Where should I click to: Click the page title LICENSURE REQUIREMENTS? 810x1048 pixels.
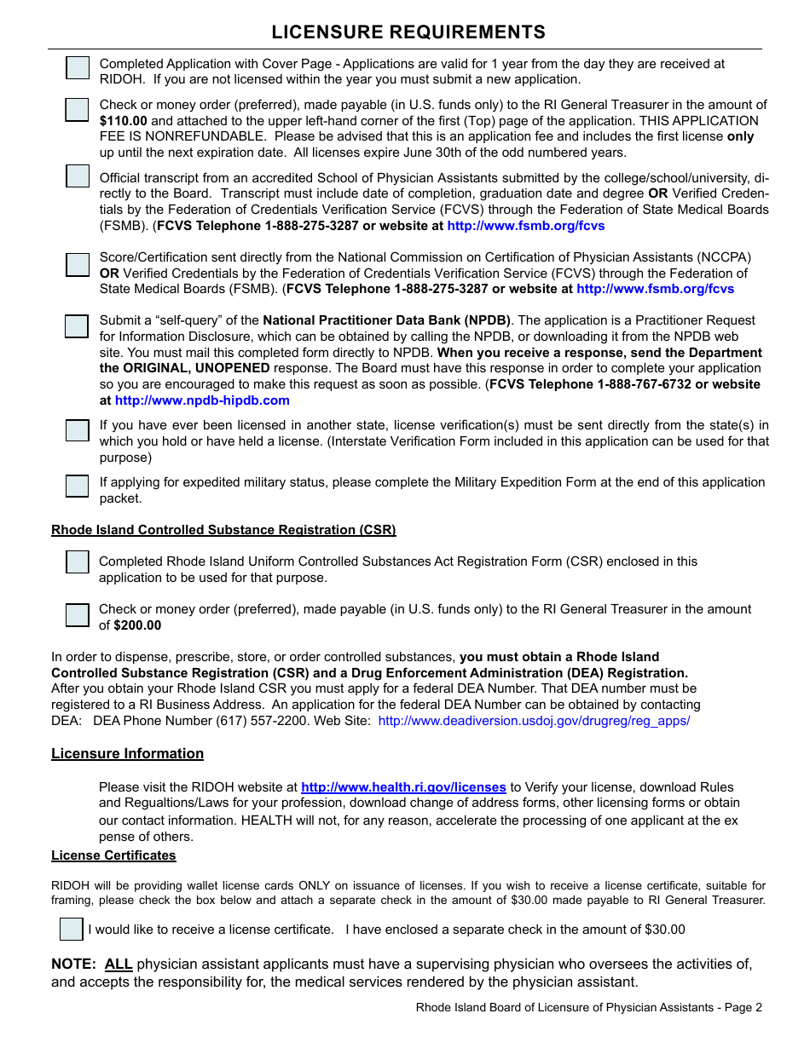click(408, 32)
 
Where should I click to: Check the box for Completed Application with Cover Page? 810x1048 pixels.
click(78, 68)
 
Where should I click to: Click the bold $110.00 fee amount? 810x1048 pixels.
click(123, 121)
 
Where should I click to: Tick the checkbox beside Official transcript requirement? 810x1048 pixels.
click(78, 176)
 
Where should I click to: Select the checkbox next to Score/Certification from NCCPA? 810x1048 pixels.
click(78, 264)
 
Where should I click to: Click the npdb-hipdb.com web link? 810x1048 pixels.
click(202, 400)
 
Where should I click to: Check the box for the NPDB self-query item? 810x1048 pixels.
click(78, 326)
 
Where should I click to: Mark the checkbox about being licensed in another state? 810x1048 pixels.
click(78, 430)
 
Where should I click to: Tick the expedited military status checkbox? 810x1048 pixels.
click(78, 486)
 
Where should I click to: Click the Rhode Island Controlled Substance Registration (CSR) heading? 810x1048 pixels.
click(223, 530)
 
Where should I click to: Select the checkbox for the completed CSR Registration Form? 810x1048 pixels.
click(78, 562)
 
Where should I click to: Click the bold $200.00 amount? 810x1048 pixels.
click(137, 625)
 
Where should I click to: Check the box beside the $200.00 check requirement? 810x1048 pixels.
click(78, 615)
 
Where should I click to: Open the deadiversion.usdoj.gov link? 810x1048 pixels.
click(534, 721)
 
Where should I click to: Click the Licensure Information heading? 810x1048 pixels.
click(127, 753)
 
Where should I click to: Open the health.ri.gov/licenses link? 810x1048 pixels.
click(403, 787)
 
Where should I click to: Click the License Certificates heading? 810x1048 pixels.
click(113, 855)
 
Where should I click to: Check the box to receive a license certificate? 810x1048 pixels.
click(72, 930)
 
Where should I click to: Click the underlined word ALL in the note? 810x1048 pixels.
click(119, 965)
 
